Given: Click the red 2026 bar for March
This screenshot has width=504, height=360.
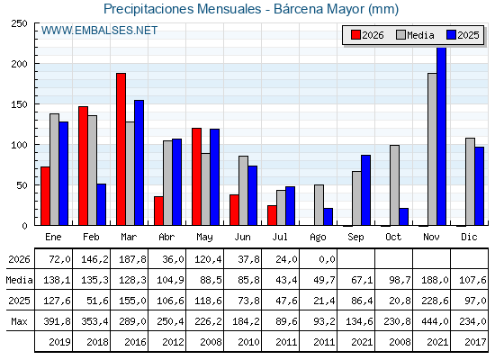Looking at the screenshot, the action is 121,149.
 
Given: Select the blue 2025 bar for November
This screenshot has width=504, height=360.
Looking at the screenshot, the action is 441,136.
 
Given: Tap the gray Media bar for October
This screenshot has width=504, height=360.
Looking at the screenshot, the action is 395,185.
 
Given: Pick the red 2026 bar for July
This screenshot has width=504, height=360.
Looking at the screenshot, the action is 272,215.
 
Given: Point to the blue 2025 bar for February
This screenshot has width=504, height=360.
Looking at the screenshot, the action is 101,204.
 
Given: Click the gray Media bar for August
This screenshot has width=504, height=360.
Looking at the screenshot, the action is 319,205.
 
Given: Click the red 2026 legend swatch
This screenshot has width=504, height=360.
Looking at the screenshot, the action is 355,35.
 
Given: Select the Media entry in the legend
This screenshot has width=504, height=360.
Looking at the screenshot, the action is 415,35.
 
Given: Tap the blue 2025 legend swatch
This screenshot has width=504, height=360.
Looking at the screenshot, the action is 451,35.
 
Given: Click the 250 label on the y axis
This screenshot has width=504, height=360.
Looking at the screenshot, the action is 19,23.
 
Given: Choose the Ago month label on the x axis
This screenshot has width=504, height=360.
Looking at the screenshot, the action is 318,238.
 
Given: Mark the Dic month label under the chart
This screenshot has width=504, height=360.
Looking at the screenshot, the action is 469,237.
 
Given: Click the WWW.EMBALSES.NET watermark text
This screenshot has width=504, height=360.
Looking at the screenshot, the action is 99,31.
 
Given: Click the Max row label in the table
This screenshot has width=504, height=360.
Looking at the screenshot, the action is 19,321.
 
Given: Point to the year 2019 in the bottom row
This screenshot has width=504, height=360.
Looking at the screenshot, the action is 59,342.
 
